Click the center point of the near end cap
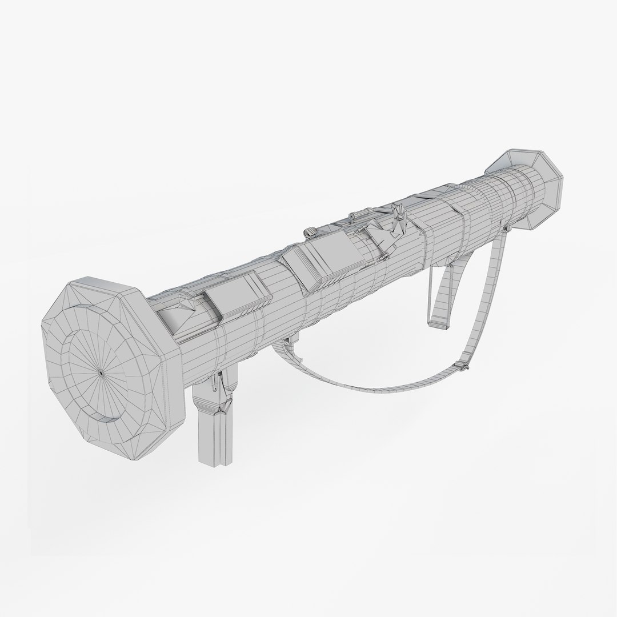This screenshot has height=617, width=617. (x=100, y=372)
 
